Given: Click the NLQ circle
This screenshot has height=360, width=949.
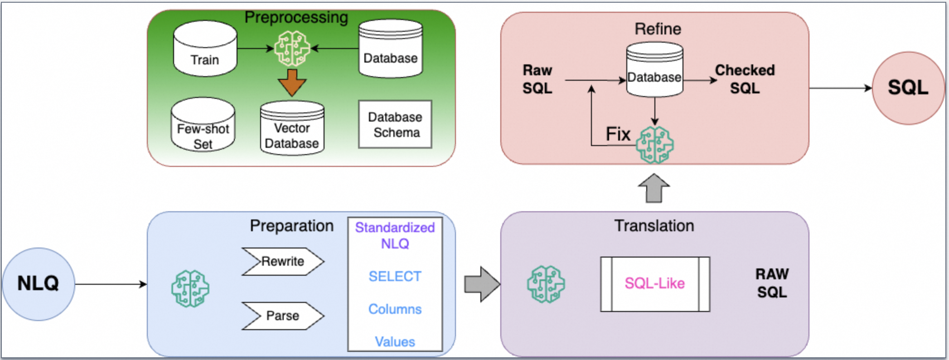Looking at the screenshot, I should (x=38, y=284).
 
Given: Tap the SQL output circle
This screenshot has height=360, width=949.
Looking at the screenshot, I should (x=908, y=88).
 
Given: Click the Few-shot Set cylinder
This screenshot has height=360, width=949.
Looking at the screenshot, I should (x=203, y=126).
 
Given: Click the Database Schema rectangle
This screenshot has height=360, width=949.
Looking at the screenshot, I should (x=395, y=124).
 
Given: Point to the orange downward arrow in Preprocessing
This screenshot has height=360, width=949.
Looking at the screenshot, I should (x=292, y=82).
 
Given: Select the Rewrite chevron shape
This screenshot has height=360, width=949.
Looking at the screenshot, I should (x=282, y=261).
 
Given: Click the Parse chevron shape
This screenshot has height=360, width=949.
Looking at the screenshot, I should (x=282, y=316).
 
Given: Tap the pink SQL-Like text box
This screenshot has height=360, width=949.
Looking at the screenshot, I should (x=654, y=284).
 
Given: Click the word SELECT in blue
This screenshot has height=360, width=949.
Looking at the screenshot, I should (x=395, y=276).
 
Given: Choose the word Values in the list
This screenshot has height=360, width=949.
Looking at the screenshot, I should (x=395, y=341).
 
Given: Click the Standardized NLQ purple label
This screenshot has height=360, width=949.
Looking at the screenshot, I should (x=395, y=235).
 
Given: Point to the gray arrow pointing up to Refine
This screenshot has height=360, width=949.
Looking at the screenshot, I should (x=654, y=188).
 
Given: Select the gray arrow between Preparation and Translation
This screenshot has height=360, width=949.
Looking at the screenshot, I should (x=482, y=284).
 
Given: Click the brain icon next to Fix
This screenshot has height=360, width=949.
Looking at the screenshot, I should (x=654, y=145).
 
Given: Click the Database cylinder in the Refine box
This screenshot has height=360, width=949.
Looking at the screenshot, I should (x=654, y=70).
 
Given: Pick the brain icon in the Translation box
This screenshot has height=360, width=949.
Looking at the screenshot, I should (x=546, y=284).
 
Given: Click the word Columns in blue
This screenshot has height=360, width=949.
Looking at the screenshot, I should (x=395, y=309).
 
